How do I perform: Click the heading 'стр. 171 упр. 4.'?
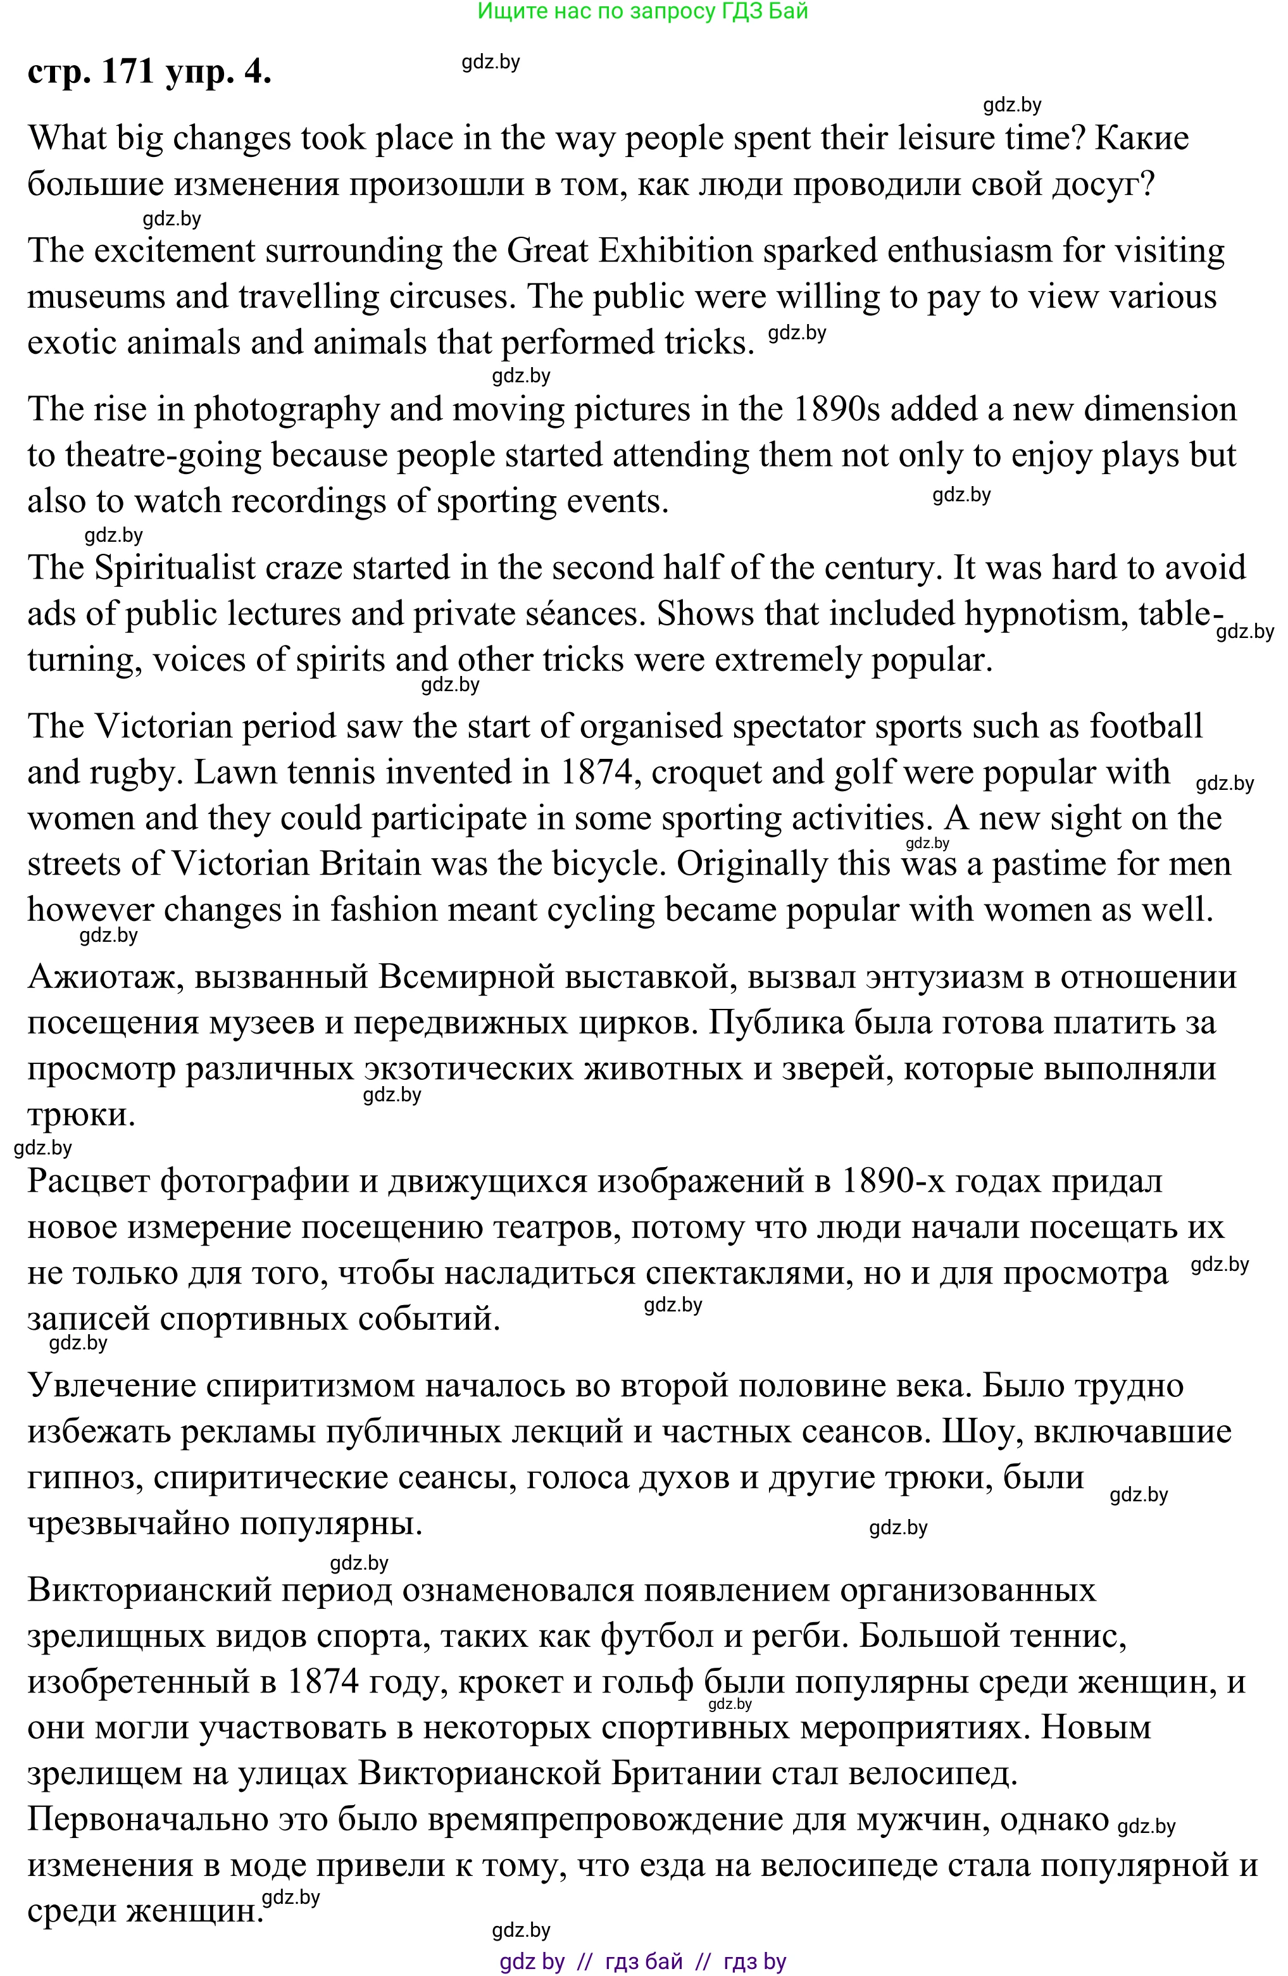point(149,72)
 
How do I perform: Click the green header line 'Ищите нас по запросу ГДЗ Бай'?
point(643,11)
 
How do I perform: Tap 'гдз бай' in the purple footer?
point(644,1961)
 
